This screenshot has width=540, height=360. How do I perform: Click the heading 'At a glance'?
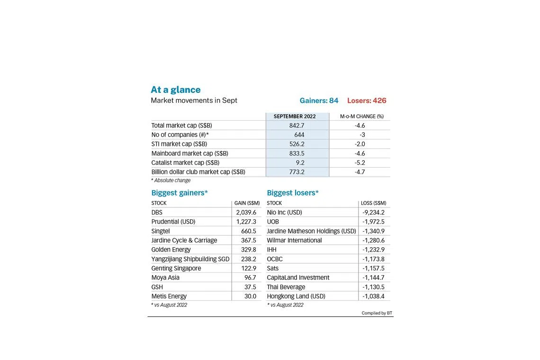pyautogui.click(x=175, y=90)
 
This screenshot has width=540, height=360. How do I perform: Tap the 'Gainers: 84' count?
pyautogui.click(x=319, y=100)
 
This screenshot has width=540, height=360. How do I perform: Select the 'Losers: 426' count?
pyautogui.click(x=367, y=100)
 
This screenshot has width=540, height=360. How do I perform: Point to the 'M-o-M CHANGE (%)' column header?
pyautogui.click(x=361, y=116)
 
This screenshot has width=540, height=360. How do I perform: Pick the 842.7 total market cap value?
pyautogui.click(x=297, y=126)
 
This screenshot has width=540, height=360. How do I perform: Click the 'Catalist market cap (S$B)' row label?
pyautogui.click(x=185, y=162)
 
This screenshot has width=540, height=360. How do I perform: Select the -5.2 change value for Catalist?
pyautogui.click(x=360, y=162)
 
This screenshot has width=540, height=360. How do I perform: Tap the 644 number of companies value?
pyautogui.click(x=299, y=135)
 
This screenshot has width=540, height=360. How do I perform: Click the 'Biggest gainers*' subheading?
pyautogui.click(x=180, y=193)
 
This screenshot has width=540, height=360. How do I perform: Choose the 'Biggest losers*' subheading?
pyautogui.click(x=293, y=193)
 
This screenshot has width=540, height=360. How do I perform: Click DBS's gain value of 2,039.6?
pyautogui.click(x=246, y=212)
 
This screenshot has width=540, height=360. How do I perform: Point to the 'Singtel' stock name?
pyautogui.click(x=161, y=231)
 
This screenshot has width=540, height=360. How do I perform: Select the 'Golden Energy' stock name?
pyautogui.click(x=171, y=250)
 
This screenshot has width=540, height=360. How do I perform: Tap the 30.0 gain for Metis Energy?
pyautogui.click(x=250, y=296)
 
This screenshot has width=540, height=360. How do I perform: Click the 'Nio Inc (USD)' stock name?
pyautogui.click(x=284, y=212)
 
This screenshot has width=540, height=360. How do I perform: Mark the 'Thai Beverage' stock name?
pyautogui.click(x=286, y=287)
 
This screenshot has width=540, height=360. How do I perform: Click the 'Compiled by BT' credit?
pyautogui.click(x=377, y=313)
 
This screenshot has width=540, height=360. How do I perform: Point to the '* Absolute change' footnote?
pyautogui.click(x=171, y=180)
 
